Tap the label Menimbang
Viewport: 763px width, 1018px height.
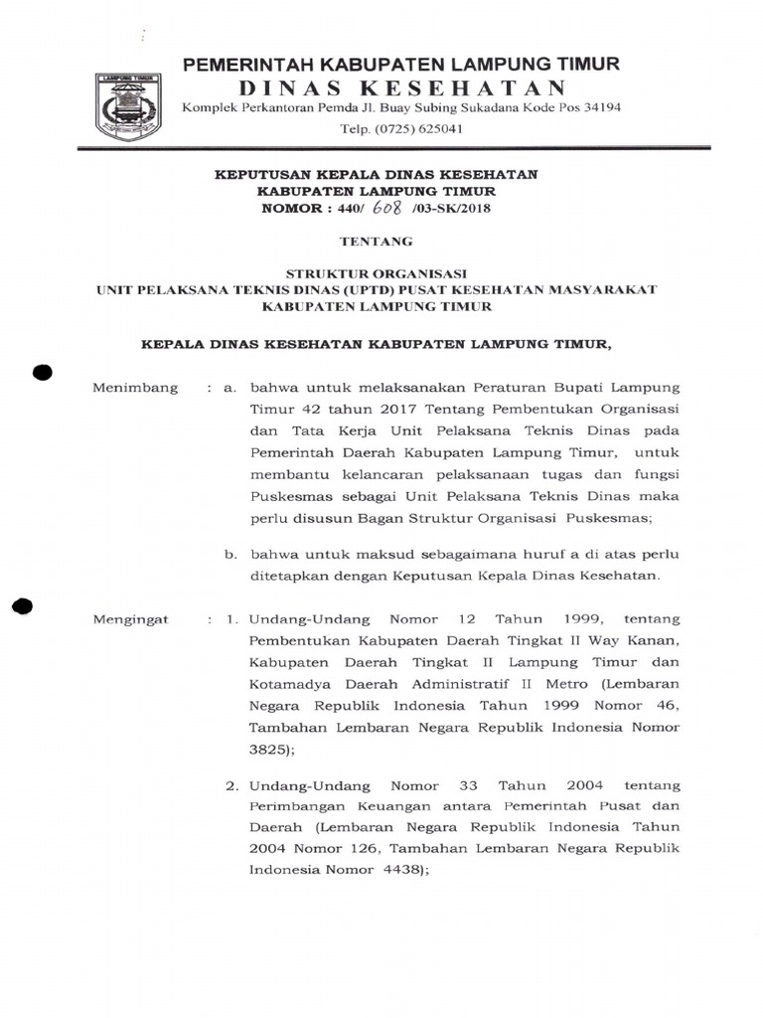[135, 389]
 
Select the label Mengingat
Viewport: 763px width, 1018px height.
[131, 619]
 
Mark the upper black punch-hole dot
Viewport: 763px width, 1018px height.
[41, 373]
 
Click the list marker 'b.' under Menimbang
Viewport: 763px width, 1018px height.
[230, 554]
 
